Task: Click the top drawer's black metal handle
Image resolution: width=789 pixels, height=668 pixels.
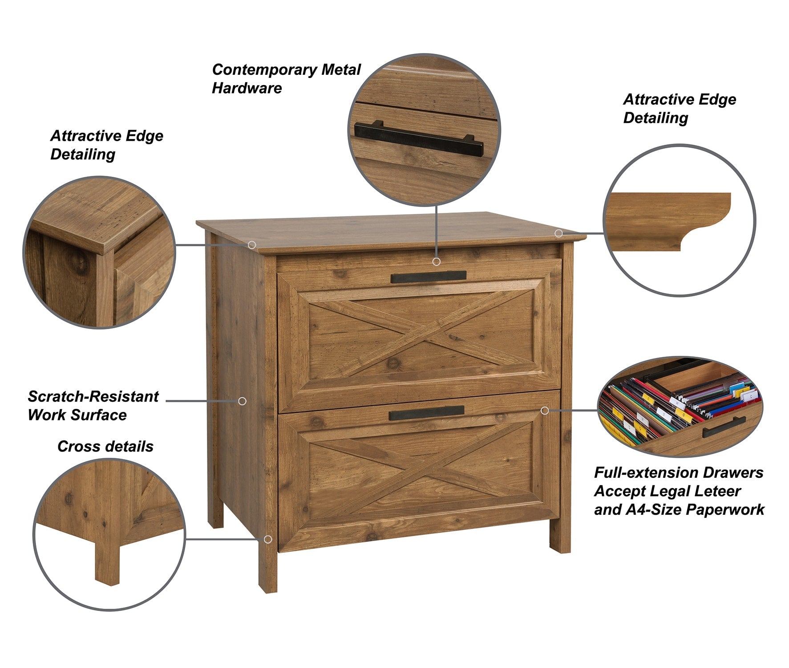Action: (x=429, y=277)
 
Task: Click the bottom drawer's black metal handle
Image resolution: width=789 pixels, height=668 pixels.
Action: (x=426, y=413)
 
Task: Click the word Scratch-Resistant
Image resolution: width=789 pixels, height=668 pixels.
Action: (x=93, y=396)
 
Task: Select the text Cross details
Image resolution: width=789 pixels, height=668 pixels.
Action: (x=105, y=446)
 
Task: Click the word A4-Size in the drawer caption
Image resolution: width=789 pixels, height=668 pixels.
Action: (x=654, y=509)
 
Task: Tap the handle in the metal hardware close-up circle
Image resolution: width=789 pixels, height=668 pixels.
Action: (x=419, y=138)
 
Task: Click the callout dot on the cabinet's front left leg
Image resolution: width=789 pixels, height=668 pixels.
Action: (x=268, y=539)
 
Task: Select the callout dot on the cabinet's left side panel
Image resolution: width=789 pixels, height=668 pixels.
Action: (x=242, y=401)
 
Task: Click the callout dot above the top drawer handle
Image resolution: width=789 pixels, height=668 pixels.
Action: (x=437, y=261)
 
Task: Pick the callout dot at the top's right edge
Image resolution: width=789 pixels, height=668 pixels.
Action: (x=558, y=233)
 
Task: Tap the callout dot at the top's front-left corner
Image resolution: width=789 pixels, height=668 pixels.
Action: (x=252, y=245)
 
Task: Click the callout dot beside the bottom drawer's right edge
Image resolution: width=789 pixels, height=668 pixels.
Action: (x=545, y=410)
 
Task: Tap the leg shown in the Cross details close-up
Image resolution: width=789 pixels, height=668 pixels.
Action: (x=107, y=557)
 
